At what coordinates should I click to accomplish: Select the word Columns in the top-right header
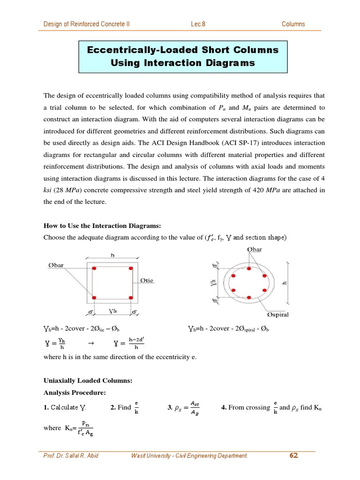tap(293, 24)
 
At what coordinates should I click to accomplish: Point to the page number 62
tap(294, 455)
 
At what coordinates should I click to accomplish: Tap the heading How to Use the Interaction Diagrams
tap(102, 225)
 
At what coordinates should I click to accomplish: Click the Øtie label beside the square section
tap(147, 281)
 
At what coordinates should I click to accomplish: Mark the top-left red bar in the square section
tap(94, 269)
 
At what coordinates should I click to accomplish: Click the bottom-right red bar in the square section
tap(131, 298)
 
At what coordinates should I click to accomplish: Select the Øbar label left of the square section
tap(56, 265)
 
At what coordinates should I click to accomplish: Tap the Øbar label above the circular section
tap(254, 250)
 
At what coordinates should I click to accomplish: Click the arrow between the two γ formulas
tap(91, 344)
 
